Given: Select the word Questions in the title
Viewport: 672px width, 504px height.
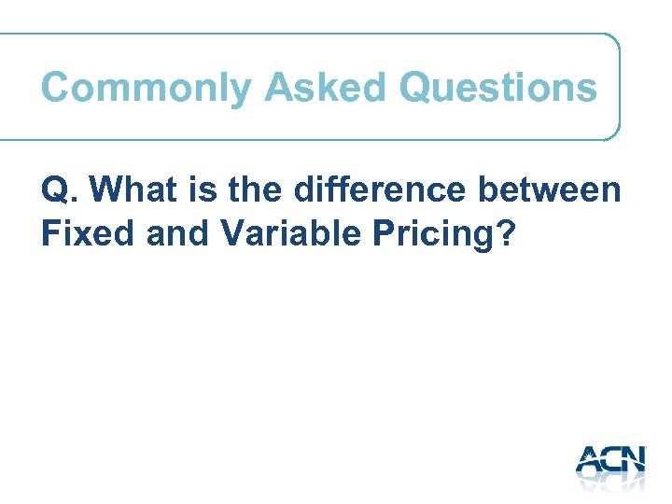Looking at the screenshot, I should pyautogui.click(x=497, y=89).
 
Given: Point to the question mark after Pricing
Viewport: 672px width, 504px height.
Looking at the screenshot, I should pyautogui.click(x=506, y=233).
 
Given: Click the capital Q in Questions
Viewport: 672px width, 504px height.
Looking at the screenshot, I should pyautogui.click(x=415, y=89).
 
